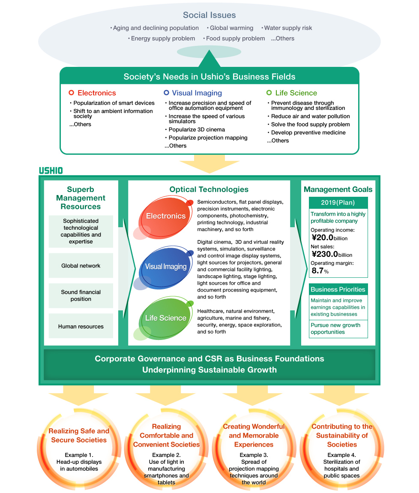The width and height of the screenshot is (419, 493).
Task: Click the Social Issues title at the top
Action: tap(209, 15)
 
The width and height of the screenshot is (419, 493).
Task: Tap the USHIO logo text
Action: tap(51, 170)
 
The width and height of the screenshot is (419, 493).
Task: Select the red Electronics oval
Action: tap(166, 216)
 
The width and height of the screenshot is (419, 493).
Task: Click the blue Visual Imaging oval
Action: tap(166, 267)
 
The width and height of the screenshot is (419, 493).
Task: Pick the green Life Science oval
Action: tap(166, 318)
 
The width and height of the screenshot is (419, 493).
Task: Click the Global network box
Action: tap(81, 266)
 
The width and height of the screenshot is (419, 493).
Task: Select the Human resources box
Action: tap(81, 326)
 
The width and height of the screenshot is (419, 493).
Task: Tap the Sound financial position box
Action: tap(81, 295)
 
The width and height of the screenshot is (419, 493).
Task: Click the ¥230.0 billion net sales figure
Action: tap(332, 254)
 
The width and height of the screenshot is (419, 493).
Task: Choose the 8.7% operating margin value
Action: tap(320, 271)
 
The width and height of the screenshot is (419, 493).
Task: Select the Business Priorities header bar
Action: tap(338, 289)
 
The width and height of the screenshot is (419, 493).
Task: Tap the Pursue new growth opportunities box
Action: tap(338, 328)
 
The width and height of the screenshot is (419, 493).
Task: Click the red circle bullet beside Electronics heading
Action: tap(72, 93)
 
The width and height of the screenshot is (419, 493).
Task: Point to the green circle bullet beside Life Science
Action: tap(269, 93)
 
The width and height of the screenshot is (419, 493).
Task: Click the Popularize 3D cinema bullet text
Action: tap(196, 129)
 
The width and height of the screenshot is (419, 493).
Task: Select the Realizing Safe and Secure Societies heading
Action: tap(79, 436)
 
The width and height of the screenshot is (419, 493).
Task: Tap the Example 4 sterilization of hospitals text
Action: tap(341, 465)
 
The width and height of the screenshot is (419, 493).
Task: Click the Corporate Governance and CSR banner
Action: tap(209, 364)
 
